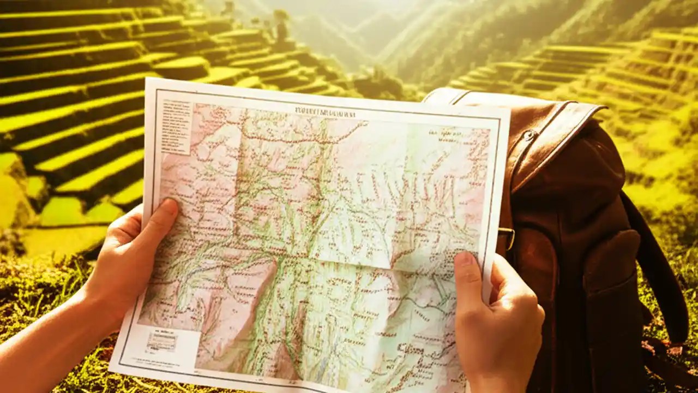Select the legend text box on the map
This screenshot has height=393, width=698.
(176, 126)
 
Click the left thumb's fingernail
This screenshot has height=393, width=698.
(169, 206)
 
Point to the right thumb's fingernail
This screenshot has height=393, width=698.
(464, 259)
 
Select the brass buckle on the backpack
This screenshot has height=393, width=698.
(507, 238)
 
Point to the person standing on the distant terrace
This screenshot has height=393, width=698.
(281, 27)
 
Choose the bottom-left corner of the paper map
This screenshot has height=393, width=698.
(111, 371)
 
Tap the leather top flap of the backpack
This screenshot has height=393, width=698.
(545, 136)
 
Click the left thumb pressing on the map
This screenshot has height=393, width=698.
(155, 218)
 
